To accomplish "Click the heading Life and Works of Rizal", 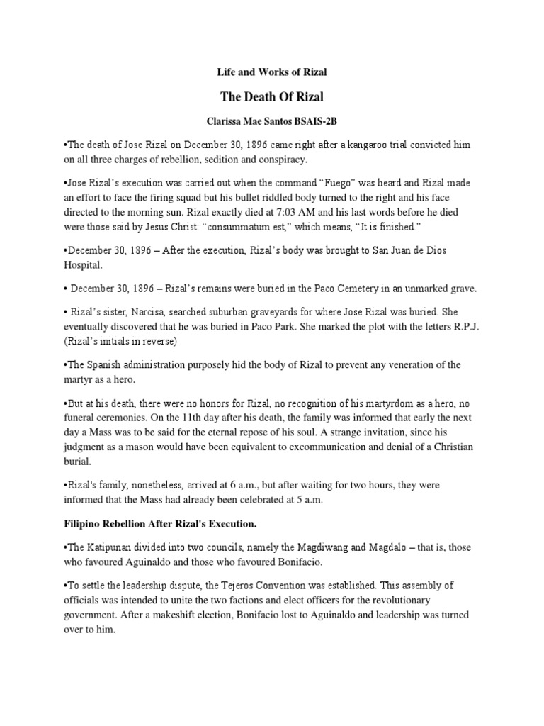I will [271, 72].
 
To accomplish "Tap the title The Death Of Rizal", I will [272, 97].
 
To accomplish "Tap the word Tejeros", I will [266, 586].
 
